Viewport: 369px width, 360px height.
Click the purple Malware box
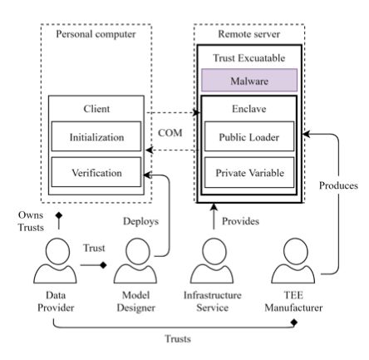249,80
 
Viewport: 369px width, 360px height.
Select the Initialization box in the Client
96,136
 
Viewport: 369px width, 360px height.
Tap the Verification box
96,172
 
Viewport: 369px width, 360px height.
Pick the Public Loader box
249,136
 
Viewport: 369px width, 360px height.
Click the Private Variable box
249,172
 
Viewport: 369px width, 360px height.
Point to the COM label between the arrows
170,133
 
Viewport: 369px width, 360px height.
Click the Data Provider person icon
55,260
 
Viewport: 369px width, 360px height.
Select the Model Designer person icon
135,260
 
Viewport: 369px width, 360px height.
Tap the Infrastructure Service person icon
212,260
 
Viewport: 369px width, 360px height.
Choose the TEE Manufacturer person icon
293,260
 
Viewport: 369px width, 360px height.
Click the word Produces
338,185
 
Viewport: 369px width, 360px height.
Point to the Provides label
240,221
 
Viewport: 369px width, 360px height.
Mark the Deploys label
140,221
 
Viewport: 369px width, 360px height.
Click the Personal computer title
96,34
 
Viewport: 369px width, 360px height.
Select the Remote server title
249,34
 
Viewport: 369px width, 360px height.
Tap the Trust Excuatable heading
249,58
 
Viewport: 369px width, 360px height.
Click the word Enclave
249,109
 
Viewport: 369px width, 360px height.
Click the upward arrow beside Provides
214,216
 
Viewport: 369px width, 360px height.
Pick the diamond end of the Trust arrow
103,265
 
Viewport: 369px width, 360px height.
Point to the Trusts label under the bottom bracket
178,338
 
